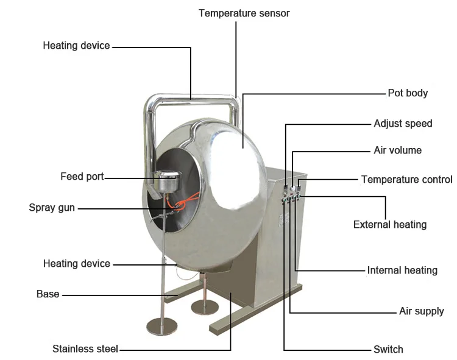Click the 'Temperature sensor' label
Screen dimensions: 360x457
244,13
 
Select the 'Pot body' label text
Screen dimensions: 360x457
408,93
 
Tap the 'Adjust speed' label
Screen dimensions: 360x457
403,124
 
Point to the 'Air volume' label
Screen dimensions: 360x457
397,150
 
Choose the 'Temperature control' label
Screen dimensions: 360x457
406,180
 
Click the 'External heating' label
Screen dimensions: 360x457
390,225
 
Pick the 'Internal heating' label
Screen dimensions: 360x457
402,270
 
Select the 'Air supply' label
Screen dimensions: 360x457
421,311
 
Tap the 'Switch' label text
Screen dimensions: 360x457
388,350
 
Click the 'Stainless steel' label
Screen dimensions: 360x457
85,350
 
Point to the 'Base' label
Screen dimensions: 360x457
48,294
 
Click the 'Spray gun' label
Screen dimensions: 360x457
52,208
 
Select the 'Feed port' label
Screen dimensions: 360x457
82,177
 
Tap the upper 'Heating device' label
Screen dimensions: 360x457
76,46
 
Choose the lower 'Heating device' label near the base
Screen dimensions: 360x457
77,264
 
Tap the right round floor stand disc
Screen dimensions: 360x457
205,306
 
